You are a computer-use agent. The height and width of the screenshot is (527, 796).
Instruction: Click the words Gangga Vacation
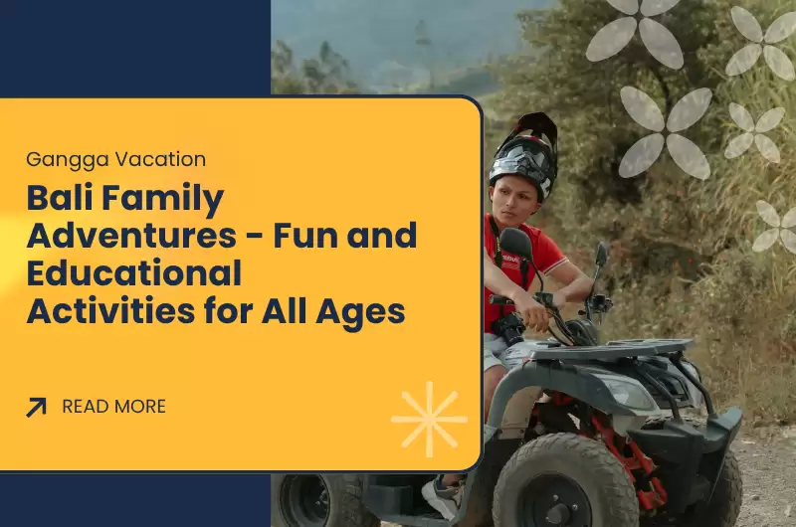tap(116, 159)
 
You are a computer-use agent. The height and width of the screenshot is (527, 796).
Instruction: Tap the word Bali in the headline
tap(62, 200)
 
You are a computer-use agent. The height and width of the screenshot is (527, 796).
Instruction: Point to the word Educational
tap(133, 273)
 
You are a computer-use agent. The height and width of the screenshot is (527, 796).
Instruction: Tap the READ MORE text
tap(113, 407)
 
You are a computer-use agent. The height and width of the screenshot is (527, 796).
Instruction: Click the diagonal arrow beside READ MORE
tap(37, 407)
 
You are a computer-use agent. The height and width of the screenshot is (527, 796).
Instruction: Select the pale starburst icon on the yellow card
tap(429, 419)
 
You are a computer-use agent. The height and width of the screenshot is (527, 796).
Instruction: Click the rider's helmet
tap(524, 154)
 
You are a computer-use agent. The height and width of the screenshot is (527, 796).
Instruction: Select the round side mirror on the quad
tap(514, 242)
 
